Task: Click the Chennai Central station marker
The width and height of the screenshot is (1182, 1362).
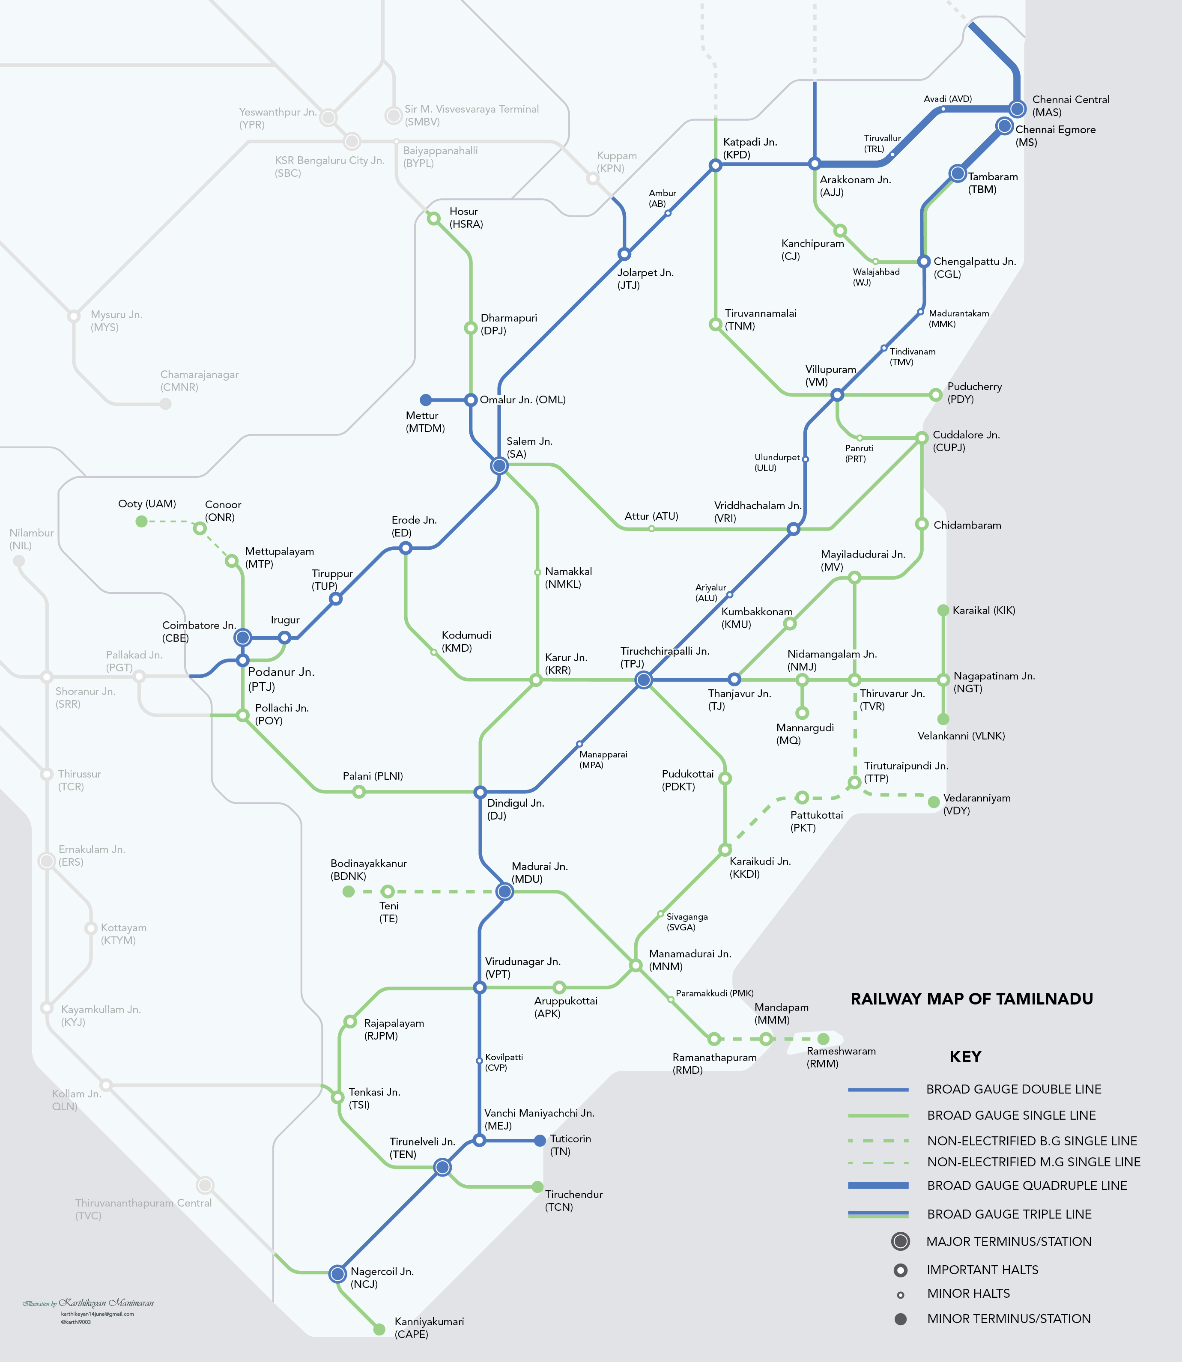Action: pos(1017,109)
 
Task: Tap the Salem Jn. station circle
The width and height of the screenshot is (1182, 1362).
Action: pos(499,466)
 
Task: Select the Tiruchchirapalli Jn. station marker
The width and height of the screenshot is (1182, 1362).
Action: pos(643,680)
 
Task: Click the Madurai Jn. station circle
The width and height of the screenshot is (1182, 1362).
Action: pos(504,892)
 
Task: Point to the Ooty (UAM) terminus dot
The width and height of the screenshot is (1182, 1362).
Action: pos(141,522)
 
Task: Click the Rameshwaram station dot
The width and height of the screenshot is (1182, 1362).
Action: pos(823,1039)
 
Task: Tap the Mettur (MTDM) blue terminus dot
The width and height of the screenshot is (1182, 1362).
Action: pos(426,400)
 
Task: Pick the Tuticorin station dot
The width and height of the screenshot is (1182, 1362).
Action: pos(540,1140)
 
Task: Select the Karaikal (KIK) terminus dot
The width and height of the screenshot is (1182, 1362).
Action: pos(943,611)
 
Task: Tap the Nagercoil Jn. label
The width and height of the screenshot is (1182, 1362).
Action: pos(382,1278)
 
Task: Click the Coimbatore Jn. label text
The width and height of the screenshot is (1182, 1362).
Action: pos(199,631)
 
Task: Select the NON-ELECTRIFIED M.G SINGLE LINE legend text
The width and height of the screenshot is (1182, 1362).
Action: pos(1033,1162)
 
